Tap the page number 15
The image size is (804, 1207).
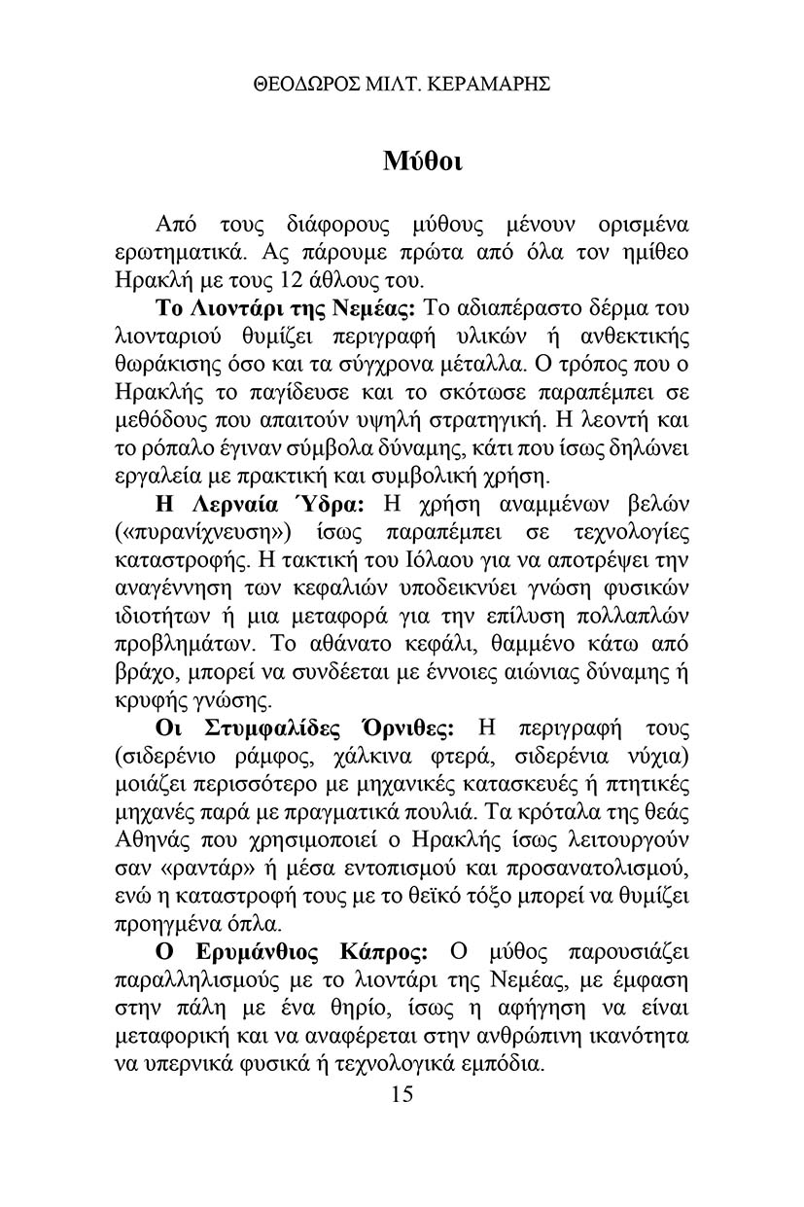(402, 1094)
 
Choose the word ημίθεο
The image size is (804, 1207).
(653, 255)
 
